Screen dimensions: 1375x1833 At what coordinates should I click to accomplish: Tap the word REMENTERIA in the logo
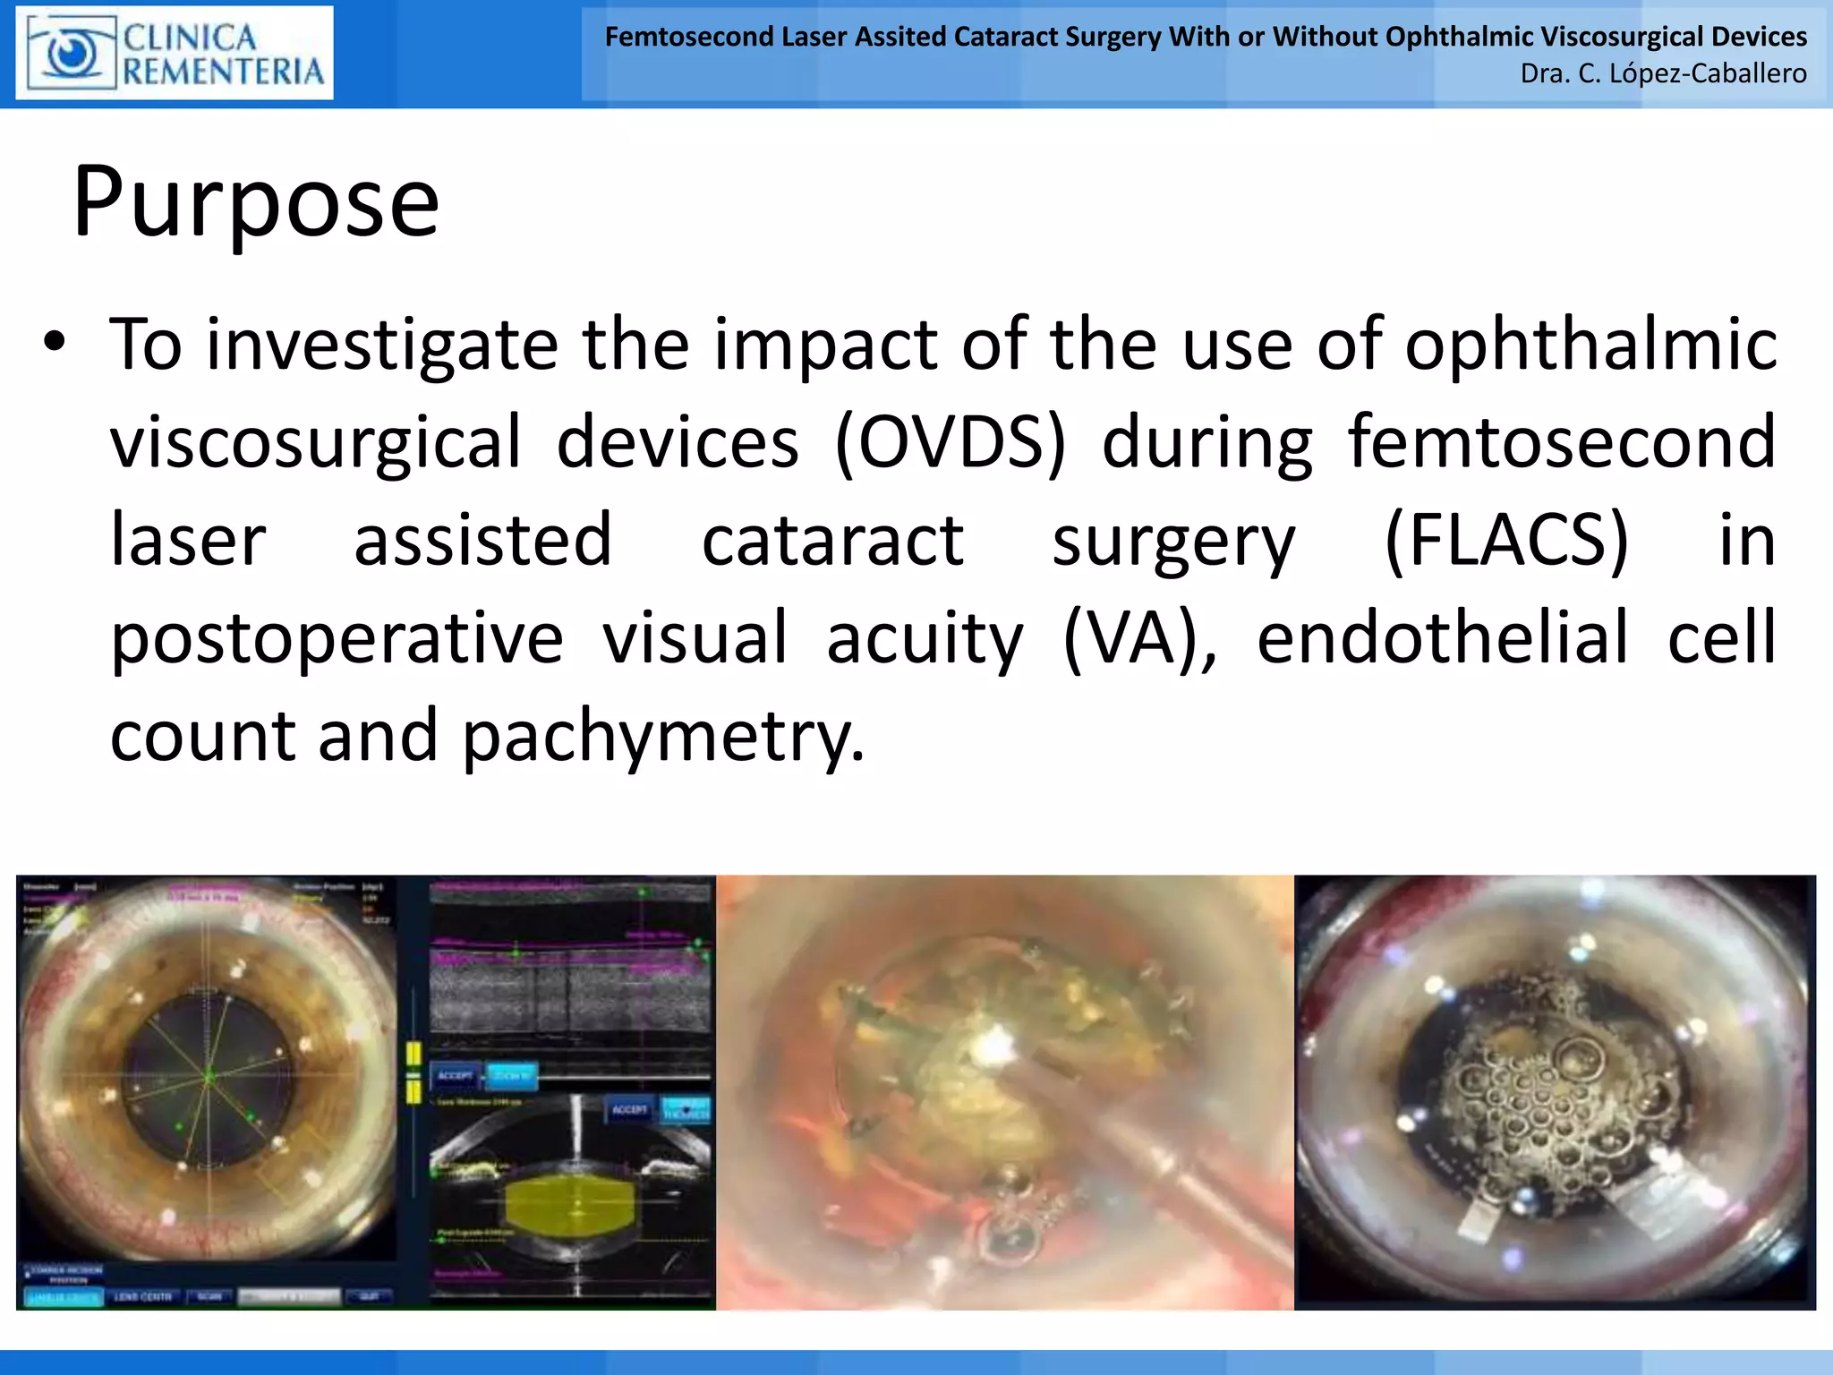(223, 72)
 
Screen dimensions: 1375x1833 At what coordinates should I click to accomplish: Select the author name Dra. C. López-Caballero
(1663, 73)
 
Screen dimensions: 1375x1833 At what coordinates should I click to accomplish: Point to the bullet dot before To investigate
(55, 342)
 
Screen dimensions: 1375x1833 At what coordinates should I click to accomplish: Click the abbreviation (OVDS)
(951, 442)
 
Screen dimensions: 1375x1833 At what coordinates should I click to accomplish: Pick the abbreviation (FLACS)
(1505, 540)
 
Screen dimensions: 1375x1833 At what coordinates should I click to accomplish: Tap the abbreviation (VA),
(1139, 637)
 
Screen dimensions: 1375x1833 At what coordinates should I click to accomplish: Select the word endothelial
(1443, 637)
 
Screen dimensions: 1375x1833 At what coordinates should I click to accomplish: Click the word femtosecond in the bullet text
(1561, 442)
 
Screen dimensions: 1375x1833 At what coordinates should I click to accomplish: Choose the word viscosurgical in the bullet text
(315, 442)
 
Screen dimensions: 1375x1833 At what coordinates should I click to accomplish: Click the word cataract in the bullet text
(832, 540)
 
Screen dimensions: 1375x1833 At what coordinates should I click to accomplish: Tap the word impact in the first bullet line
(825, 345)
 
